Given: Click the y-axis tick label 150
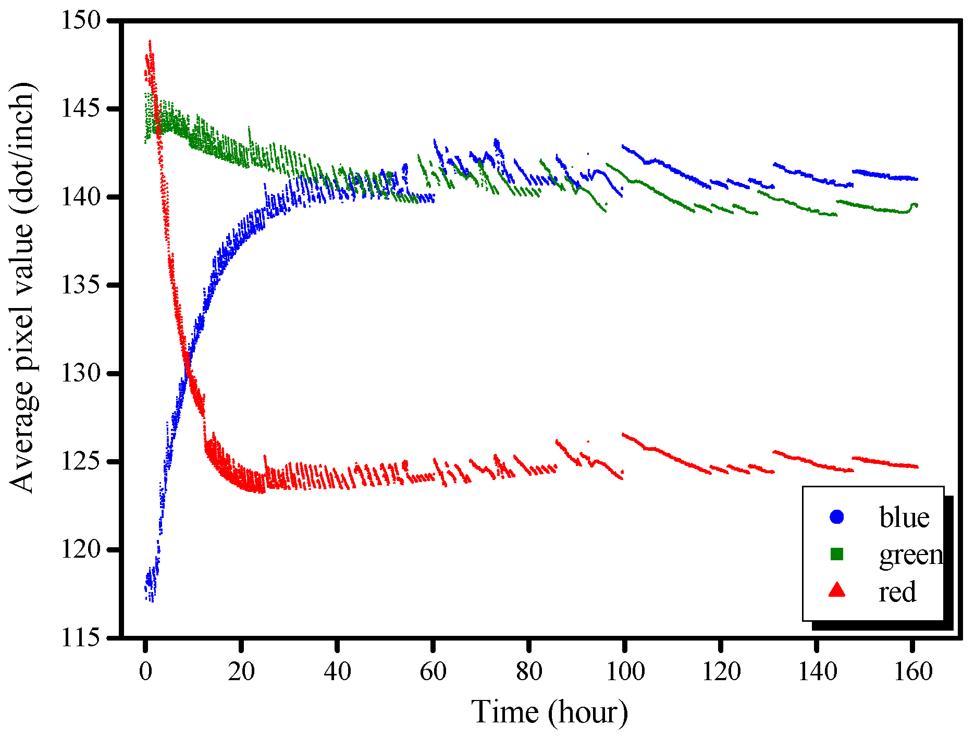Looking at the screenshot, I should pos(81,21).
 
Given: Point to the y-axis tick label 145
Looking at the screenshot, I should pos(81,109).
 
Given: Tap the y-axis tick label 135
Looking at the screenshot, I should pos(81,286).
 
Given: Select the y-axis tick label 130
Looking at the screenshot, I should pos(81,374).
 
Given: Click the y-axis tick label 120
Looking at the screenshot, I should pos(81,550).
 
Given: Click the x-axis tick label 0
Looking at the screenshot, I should pos(145,671).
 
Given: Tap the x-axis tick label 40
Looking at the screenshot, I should pos(337,671).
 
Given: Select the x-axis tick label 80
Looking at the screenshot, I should pos(529,671).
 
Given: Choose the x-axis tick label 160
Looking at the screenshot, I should pos(913,671).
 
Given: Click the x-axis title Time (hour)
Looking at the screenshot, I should pos(549,712).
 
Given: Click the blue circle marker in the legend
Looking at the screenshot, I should pos(836,517).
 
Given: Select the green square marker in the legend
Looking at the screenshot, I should pos(836,554).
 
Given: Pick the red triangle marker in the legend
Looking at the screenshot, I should pos(836,591).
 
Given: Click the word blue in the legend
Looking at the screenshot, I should pos(904,518).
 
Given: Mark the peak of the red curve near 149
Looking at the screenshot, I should pos(150,41).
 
